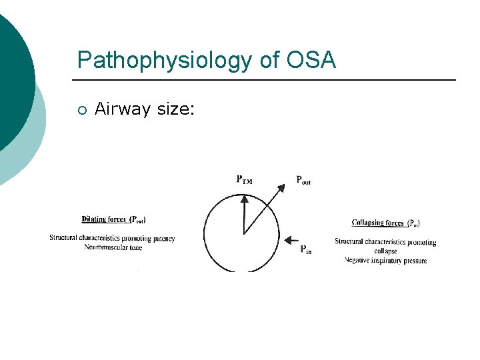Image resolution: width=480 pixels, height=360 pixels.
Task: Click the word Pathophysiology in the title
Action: point(163,61)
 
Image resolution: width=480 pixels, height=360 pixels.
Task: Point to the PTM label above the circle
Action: point(245,179)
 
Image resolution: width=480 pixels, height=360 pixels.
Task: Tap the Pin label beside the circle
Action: point(305,249)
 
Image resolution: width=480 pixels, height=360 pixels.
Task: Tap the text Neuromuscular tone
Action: point(113,247)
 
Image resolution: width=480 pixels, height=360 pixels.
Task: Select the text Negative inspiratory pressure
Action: point(386,260)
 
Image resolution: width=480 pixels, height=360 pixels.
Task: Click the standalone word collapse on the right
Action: point(386,251)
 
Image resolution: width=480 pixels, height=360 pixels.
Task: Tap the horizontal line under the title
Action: point(267,80)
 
